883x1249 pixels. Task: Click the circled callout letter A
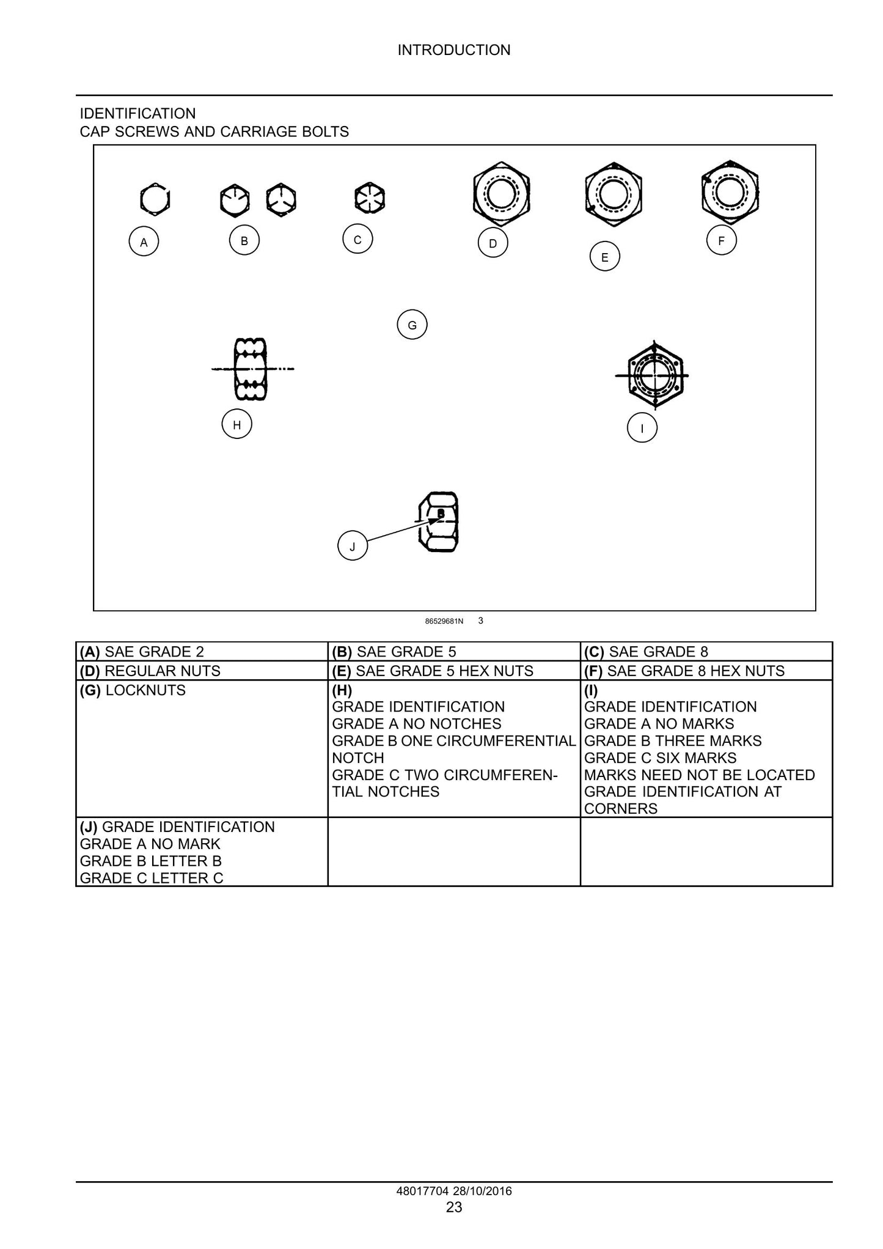click(144, 241)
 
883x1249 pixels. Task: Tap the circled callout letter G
click(412, 325)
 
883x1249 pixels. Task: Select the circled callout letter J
click(353, 546)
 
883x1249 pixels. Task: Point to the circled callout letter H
click(237, 424)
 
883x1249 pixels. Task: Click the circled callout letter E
click(605, 257)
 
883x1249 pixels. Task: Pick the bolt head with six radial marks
click(370, 198)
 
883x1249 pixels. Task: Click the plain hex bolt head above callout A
click(155, 199)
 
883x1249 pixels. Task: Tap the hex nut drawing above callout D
click(502, 194)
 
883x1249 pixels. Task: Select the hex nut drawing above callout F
click(730, 193)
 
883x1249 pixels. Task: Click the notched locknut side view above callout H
click(251, 369)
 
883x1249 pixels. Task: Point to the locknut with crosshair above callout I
click(653, 375)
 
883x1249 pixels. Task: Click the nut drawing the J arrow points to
click(439, 521)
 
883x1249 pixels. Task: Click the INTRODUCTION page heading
click(454, 50)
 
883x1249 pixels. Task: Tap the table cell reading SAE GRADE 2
click(202, 652)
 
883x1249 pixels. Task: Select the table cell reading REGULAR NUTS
click(202, 671)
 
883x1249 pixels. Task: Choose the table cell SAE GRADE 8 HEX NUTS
click(706, 671)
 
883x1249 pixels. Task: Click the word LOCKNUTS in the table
click(145, 690)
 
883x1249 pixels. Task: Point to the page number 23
click(454, 1207)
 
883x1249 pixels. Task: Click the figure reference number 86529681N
click(444, 621)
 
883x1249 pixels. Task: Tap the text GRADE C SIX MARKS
click(661, 758)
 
